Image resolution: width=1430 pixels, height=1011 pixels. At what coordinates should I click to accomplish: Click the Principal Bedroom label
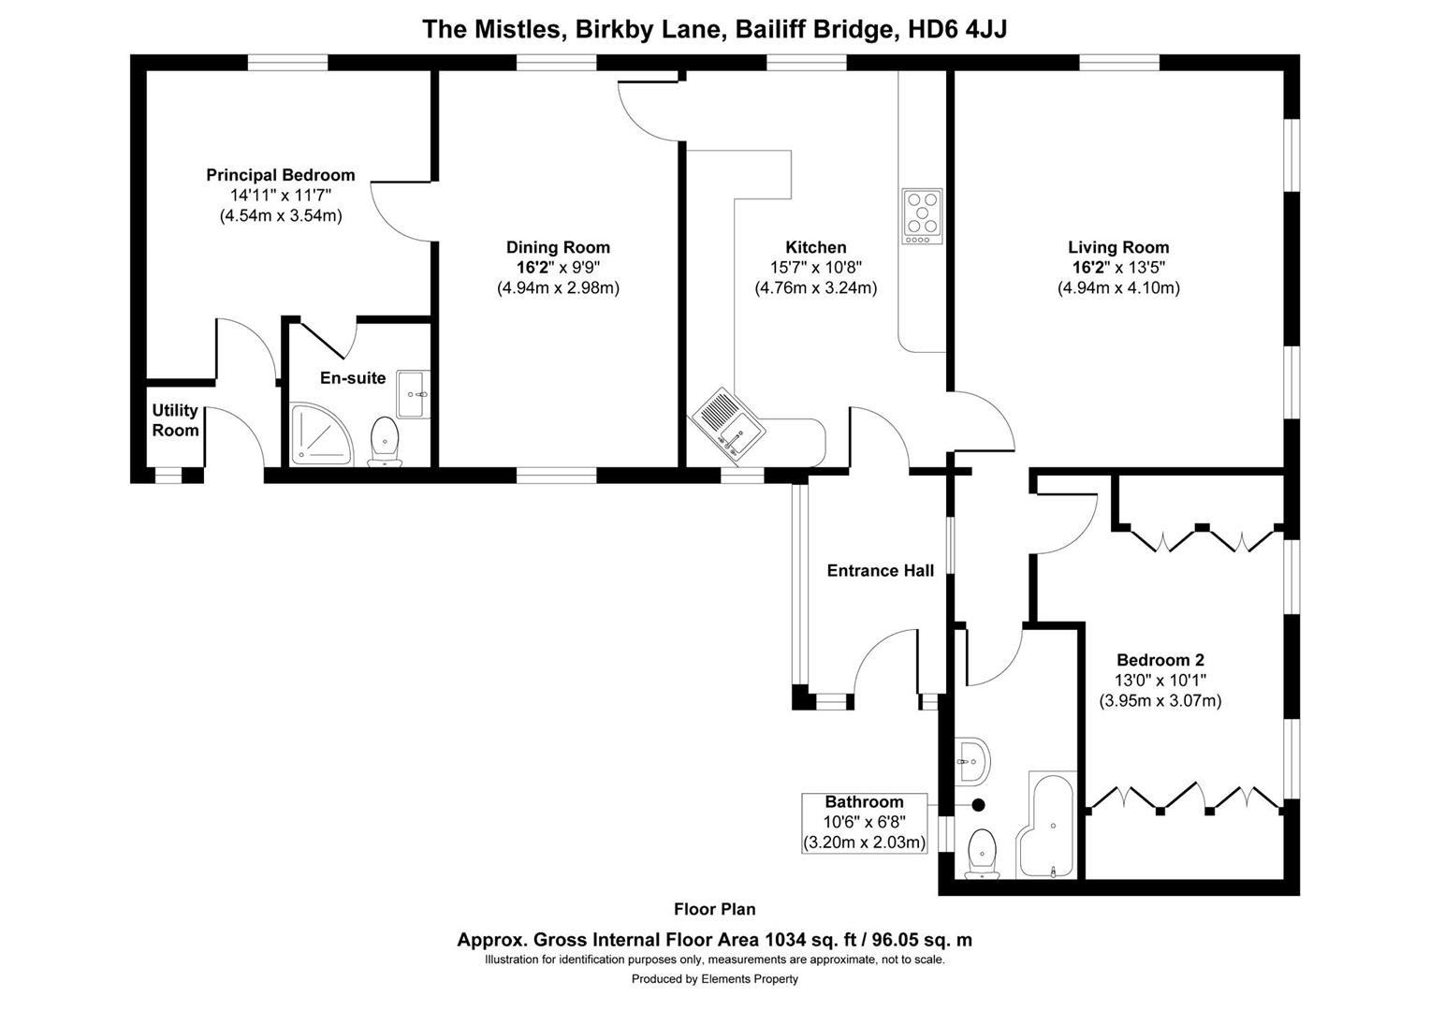pos(281,175)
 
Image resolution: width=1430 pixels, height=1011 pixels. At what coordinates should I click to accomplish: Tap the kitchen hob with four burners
pos(923,216)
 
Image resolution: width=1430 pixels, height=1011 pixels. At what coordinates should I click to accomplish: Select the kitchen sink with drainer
pos(727,425)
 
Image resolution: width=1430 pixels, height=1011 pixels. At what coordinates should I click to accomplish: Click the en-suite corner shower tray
pos(321,435)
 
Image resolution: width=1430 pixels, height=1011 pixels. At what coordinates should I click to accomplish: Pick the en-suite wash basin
pos(413,394)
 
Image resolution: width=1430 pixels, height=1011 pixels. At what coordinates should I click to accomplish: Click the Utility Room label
pos(175,420)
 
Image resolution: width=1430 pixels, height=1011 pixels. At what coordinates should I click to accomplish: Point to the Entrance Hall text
pos(880,570)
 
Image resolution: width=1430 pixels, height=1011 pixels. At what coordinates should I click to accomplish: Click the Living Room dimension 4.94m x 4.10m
pos(1118,288)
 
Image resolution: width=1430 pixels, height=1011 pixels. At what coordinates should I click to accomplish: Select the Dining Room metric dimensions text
pos(558,288)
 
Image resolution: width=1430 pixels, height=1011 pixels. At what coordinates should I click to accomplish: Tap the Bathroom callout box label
pos(864,802)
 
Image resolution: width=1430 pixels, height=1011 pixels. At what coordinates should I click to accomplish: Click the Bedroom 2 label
pos(1160,660)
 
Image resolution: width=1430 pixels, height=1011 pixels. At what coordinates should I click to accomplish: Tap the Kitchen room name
pos(815,247)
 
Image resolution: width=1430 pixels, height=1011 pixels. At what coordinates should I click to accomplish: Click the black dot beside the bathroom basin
pos(979,805)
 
